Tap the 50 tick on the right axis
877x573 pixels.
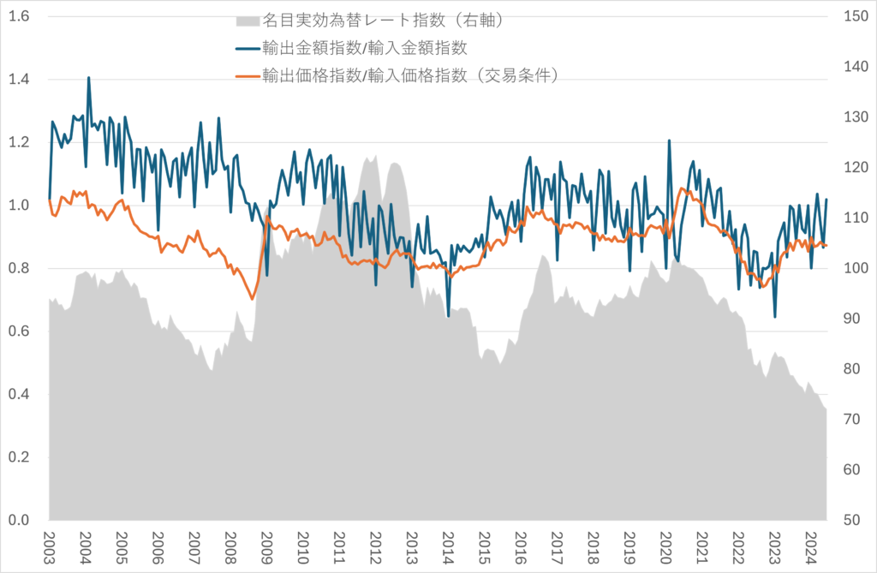point(853,520)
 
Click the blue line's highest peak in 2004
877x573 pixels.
point(89,78)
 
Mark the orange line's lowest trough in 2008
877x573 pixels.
point(252,299)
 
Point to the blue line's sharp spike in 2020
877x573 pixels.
point(669,140)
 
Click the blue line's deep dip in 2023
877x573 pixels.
point(775,317)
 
